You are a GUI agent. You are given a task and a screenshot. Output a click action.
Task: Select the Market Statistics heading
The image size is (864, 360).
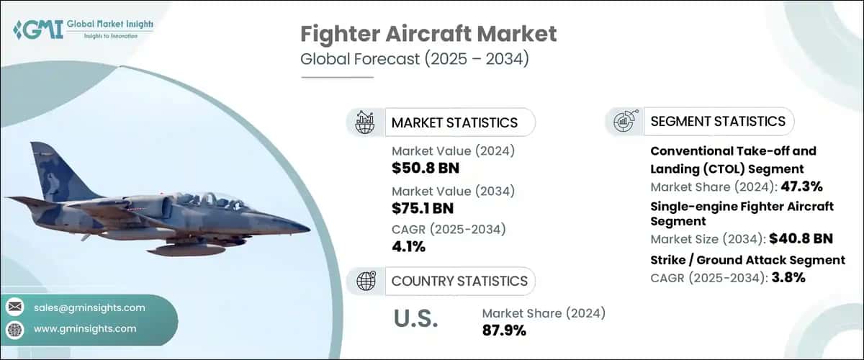coord(454,122)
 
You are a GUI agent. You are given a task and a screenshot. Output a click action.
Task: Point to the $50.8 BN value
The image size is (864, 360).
coord(426,169)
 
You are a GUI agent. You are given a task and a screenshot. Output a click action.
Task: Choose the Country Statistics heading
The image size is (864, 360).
coord(459,281)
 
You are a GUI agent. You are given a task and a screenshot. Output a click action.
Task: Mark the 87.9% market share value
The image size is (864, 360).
coord(503,330)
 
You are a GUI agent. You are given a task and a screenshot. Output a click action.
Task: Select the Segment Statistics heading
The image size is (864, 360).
coord(717,121)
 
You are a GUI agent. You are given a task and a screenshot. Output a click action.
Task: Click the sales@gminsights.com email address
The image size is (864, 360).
coord(89,307)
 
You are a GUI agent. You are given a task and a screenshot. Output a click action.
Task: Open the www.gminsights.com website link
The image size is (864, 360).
coord(85,328)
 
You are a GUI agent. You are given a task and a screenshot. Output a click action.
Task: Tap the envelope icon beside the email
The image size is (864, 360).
coord(15,307)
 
